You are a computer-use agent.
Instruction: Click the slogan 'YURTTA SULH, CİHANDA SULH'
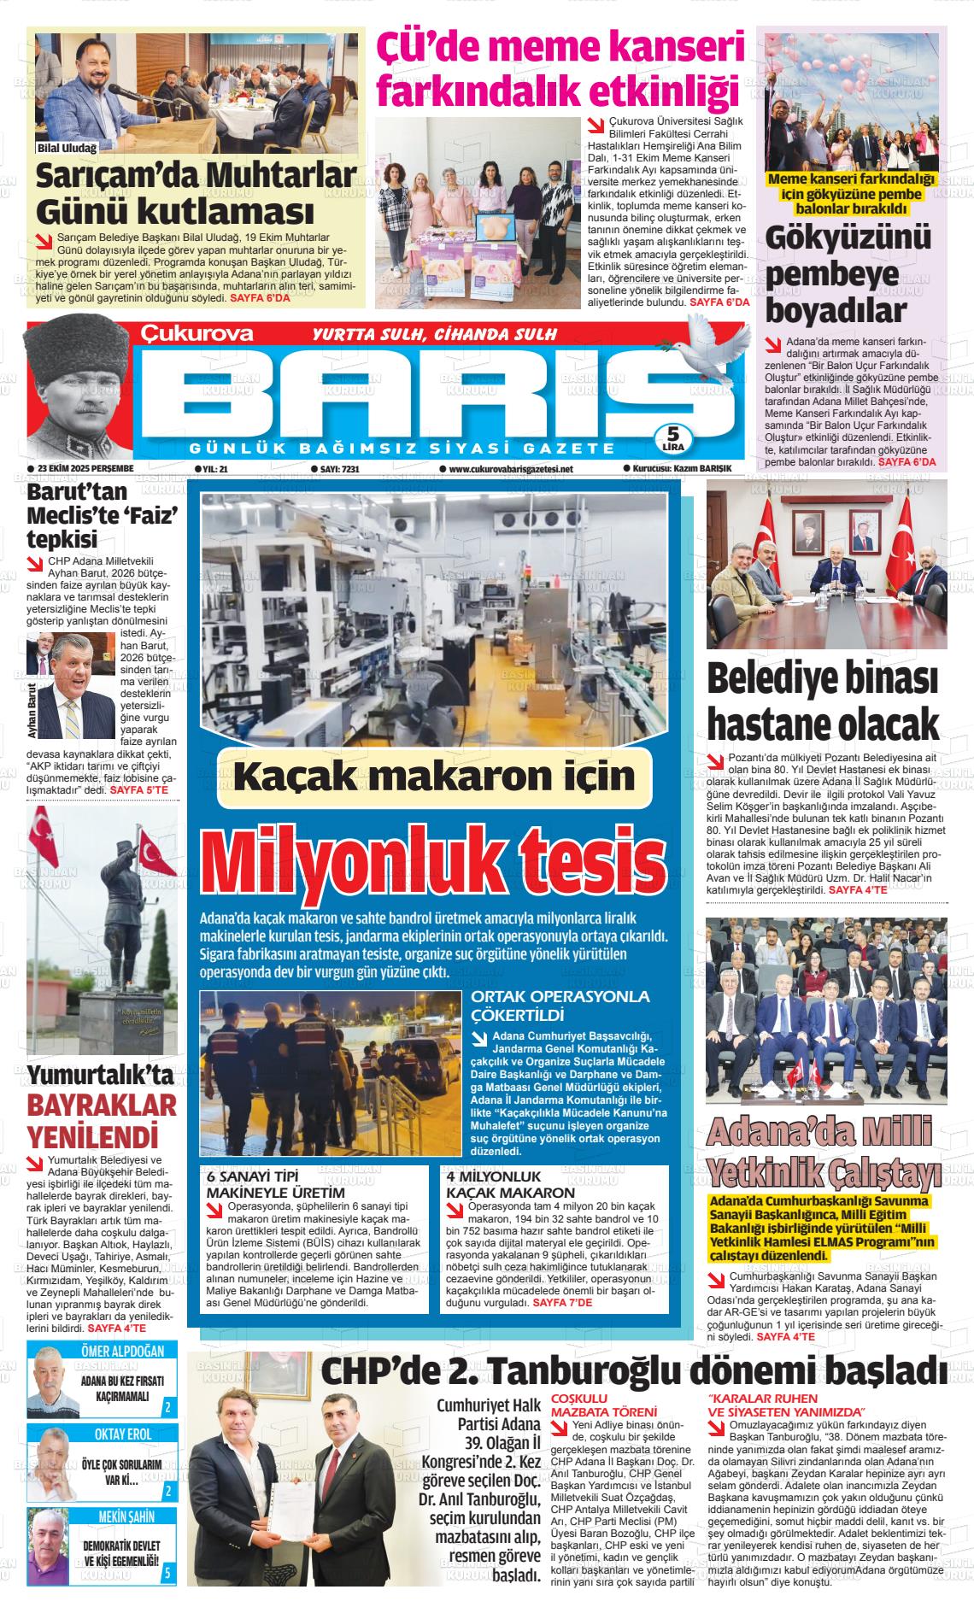point(436,334)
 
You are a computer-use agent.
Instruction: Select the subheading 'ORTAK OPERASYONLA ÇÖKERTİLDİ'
point(560,1006)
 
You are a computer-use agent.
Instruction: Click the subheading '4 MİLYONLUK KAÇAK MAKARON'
point(511,1184)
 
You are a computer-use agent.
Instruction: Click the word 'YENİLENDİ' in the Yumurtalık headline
point(94,1138)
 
